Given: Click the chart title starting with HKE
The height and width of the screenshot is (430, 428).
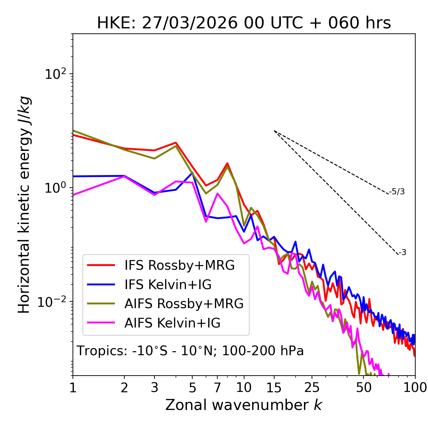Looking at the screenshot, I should [x=244, y=23].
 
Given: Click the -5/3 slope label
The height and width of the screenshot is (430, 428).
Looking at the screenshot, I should [x=397, y=192].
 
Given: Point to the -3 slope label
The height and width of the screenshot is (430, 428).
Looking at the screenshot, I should [x=402, y=253].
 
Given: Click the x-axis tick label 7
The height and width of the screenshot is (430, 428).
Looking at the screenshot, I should [x=217, y=388].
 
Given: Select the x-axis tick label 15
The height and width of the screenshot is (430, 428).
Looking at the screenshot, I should [x=274, y=388].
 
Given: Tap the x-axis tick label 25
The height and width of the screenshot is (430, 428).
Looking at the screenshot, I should [x=312, y=388].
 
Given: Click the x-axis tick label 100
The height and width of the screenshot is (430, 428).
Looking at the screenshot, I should [x=415, y=388].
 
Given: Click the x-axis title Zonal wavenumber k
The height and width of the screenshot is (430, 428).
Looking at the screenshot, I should [x=244, y=405].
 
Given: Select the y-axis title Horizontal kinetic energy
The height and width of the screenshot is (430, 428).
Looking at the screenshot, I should [x=24, y=205].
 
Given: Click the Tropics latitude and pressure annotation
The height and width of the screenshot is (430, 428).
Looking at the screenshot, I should [x=190, y=351].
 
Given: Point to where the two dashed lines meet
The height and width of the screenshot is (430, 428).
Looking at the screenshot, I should [x=274, y=131].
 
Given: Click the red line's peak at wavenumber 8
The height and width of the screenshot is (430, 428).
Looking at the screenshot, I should [x=227, y=163].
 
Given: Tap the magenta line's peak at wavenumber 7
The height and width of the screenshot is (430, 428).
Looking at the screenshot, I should [x=217, y=193].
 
